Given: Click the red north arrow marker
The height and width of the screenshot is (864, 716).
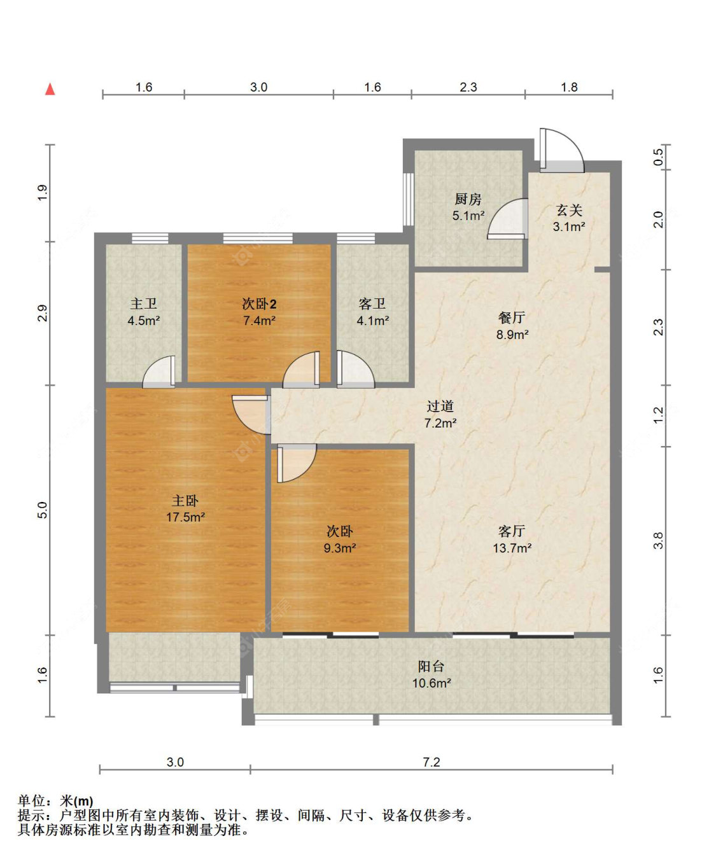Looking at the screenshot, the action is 50,89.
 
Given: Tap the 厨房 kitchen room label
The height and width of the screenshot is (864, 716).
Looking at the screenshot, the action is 468,199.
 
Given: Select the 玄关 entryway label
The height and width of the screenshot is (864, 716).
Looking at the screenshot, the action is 569,211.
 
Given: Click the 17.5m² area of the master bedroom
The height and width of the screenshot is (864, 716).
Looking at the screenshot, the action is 185,517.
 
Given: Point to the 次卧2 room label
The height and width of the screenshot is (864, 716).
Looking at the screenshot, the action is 259,304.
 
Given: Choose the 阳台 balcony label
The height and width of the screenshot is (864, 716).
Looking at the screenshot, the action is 431,666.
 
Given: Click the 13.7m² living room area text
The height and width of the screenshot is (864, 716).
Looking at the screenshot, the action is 512,548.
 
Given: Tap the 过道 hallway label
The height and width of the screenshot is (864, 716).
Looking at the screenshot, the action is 440,407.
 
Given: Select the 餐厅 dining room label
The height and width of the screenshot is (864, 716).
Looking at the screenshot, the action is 512,317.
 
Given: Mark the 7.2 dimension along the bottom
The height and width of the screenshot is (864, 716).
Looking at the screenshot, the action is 432,762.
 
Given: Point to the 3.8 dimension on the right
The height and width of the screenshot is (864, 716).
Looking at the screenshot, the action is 658,540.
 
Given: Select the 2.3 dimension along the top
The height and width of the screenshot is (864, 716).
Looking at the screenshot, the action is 468,87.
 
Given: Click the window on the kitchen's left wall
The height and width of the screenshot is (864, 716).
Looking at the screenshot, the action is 409,199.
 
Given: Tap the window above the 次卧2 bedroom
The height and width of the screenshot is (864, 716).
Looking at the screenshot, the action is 258,239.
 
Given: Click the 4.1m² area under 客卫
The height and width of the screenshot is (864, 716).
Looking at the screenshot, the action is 373,321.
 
